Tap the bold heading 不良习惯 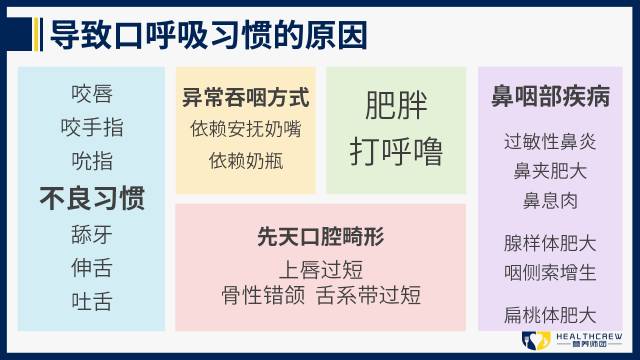[92, 198]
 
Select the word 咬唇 [92, 94]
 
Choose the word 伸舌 [92, 268]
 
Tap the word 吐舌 [92, 301]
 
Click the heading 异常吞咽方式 [245, 98]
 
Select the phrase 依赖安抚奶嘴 [245, 129]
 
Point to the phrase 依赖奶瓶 [245, 159]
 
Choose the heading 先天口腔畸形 [321, 237]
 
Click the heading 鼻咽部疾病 [550, 97]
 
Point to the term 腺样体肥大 [550, 243]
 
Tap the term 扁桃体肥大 [550, 315]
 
